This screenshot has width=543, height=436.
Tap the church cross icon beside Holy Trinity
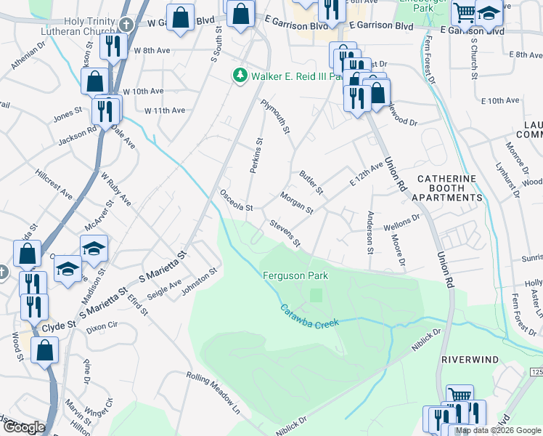tap(126, 24)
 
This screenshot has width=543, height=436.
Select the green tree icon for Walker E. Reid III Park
tap(237, 76)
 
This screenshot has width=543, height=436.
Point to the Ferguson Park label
tap(295, 276)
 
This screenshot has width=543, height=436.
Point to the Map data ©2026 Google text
tap(497, 431)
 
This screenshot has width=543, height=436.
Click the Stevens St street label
tap(285, 233)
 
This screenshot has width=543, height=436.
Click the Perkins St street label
tap(256, 155)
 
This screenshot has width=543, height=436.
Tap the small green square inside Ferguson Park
tap(315, 295)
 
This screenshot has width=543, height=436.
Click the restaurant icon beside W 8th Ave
tap(113, 46)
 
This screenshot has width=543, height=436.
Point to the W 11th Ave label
tap(165, 110)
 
